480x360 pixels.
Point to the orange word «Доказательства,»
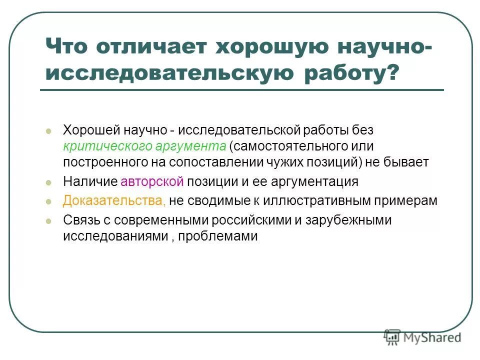click(114, 200)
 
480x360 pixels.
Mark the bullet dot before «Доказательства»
click(48, 201)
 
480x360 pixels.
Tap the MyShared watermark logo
click(422, 336)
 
